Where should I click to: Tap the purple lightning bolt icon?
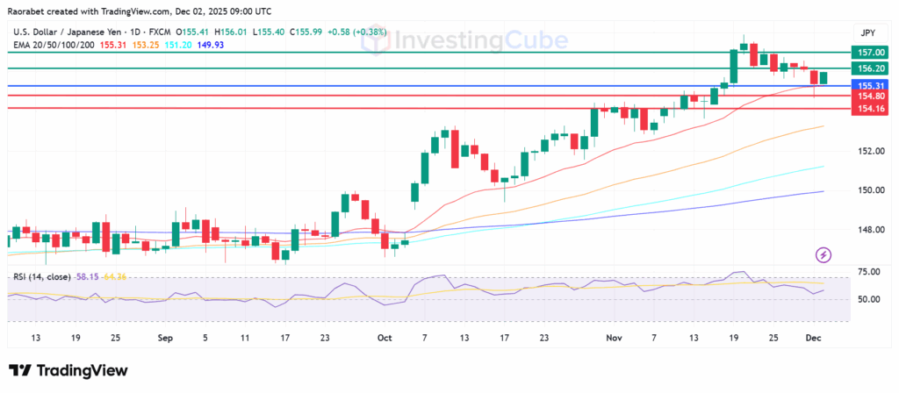[x=823, y=255]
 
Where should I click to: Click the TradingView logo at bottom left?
[x=68, y=371]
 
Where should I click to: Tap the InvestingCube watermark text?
[x=462, y=40]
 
